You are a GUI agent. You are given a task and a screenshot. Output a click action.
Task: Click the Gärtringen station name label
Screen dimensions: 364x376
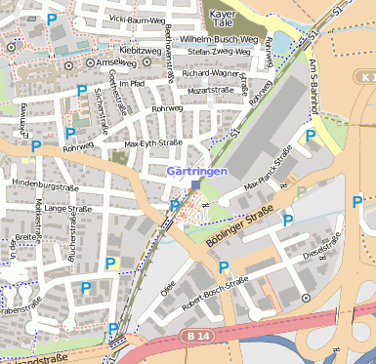click(198, 171)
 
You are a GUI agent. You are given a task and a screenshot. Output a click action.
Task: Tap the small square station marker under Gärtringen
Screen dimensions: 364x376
click(196, 183)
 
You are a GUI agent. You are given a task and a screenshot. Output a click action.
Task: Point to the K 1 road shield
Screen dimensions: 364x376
click(365, 75)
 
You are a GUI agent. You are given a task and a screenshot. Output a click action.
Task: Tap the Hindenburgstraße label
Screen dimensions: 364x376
click(43, 185)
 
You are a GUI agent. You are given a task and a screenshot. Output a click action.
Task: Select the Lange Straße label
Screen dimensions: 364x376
click(67, 208)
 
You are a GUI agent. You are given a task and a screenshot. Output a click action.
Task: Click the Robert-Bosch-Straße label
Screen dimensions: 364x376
click(217, 292)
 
